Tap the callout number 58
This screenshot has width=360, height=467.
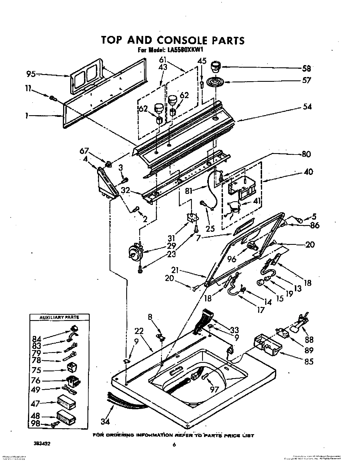[x=306, y=68]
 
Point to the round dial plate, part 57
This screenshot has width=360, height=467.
[x=215, y=83]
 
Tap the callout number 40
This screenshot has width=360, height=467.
[x=308, y=172]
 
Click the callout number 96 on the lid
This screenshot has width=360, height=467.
[x=232, y=259]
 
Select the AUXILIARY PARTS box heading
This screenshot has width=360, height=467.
[x=59, y=318]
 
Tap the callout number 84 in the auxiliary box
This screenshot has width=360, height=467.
[x=37, y=339]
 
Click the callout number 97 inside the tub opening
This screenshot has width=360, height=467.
[x=214, y=389]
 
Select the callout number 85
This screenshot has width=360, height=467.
[x=308, y=361]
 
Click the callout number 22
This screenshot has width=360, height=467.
[x=139, y=331]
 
